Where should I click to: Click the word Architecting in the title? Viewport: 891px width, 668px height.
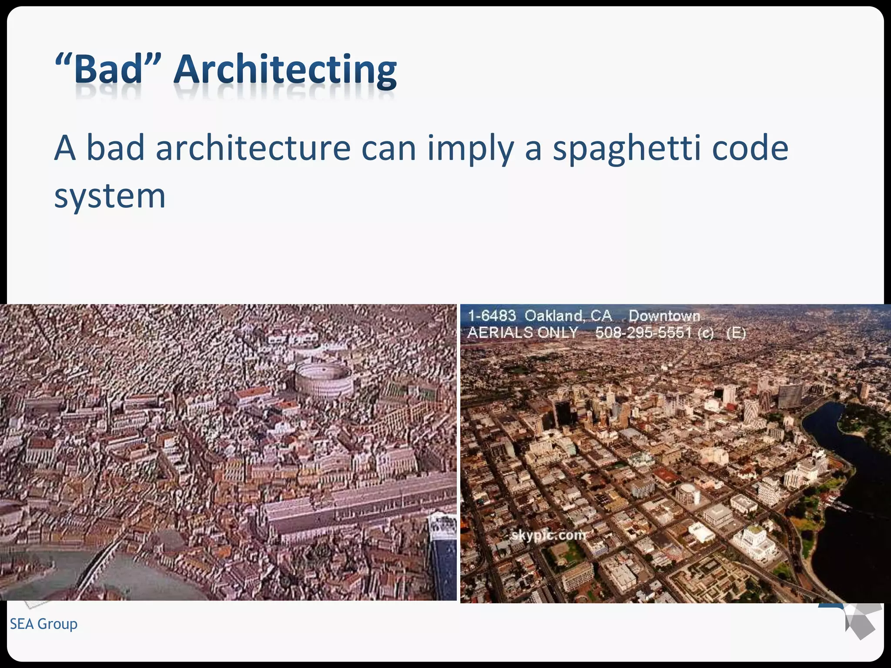(285, 70)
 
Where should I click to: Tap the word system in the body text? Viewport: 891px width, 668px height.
(110, 197)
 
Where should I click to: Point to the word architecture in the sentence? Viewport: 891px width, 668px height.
(253, 148)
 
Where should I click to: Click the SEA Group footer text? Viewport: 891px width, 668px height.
(44, 624)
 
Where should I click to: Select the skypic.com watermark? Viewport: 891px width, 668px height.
(548, 535)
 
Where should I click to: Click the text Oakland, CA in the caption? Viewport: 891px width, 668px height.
(568, 316)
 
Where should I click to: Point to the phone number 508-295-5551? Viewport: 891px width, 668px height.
(643, 333)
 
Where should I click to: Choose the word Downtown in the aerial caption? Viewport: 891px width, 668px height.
(664, 316)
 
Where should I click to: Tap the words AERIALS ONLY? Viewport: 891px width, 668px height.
(522, 333)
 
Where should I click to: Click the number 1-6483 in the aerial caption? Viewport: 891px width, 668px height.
(492, 316)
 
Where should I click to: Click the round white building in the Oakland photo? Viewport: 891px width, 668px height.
(687, 494)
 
